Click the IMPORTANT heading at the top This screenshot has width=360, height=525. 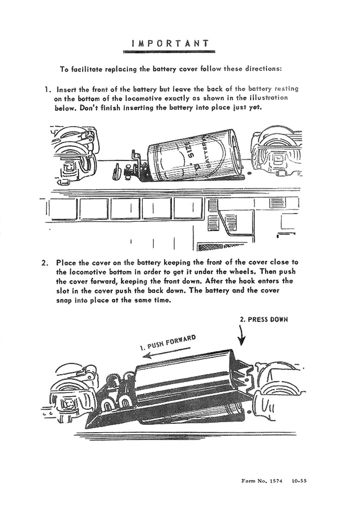[x=171, y=43]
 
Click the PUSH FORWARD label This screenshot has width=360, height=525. [x=168, y=342]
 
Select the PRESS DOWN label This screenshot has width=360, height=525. [x=263, y=319]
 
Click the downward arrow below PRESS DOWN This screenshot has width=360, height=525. [x=242, y=335]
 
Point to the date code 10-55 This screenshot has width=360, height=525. [x=299, y=481]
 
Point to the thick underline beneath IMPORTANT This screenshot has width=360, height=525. [x=171, y=52]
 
